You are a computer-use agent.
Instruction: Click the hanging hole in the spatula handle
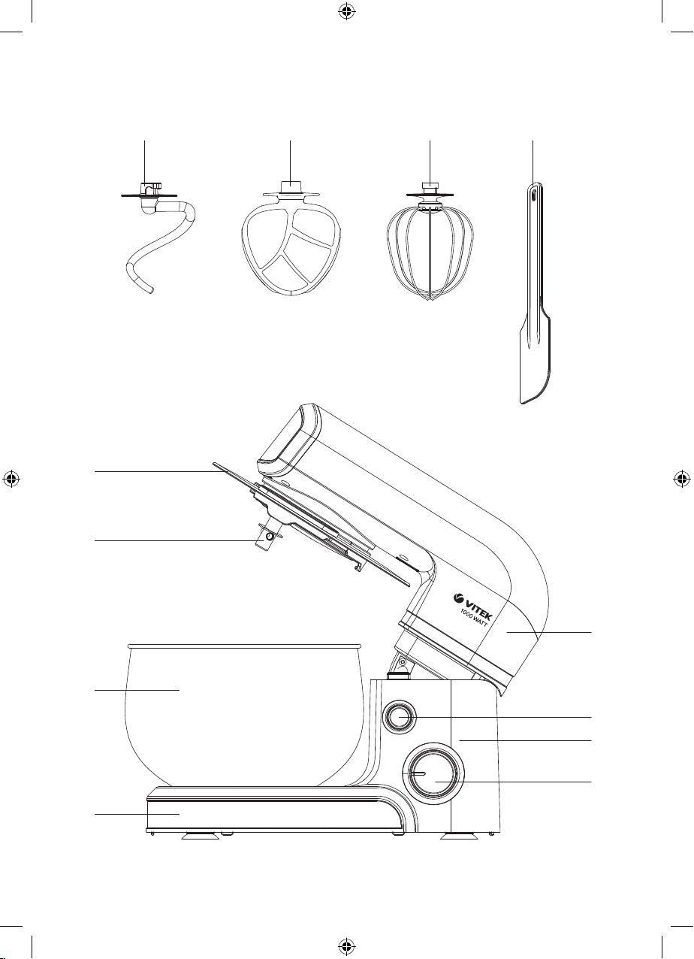533,195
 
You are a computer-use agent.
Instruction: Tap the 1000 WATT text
475,619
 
